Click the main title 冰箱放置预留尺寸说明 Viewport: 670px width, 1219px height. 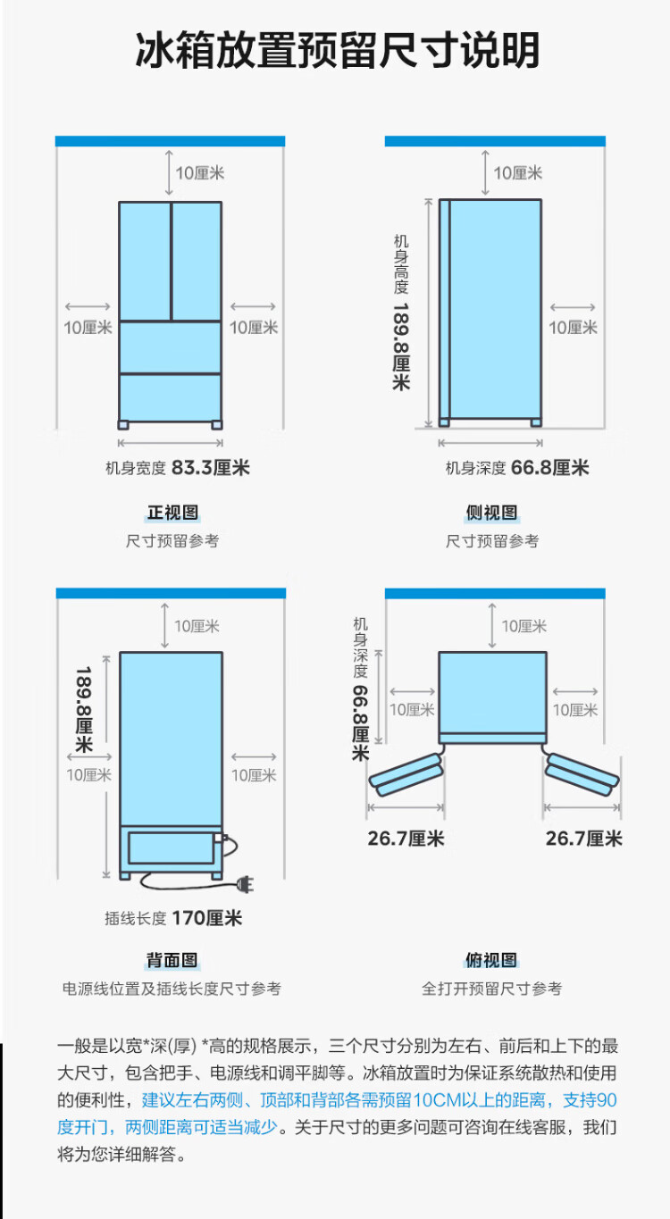(x=337, y=50)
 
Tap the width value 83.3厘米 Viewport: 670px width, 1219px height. (x=211, y=467)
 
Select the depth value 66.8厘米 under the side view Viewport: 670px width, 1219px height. (x=549, y=467)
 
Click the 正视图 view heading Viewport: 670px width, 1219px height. (x=172, y=513)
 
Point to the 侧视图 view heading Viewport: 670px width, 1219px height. (x=491, y=513)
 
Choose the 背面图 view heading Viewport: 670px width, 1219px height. (x=172, y=960)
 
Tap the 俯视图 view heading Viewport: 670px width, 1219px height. (x=491, y=960)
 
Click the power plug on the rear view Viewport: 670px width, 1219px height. (x=246, y=885)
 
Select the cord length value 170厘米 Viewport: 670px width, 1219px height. (x=207, y=918)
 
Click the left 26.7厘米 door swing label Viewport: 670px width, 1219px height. (x=406, y=839)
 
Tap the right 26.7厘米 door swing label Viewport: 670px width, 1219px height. (x=584, y=839)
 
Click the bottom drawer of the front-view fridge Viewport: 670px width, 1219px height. (x=171, y=397)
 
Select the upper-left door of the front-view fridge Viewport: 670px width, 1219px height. (x=145, y=261)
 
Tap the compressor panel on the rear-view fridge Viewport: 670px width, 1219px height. (x=171, y=847)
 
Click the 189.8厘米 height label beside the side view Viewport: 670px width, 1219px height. (x=402, y=346)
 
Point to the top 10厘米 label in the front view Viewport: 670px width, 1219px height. (x=200, y=173)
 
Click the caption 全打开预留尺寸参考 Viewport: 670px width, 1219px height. (x=491, y=989)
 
